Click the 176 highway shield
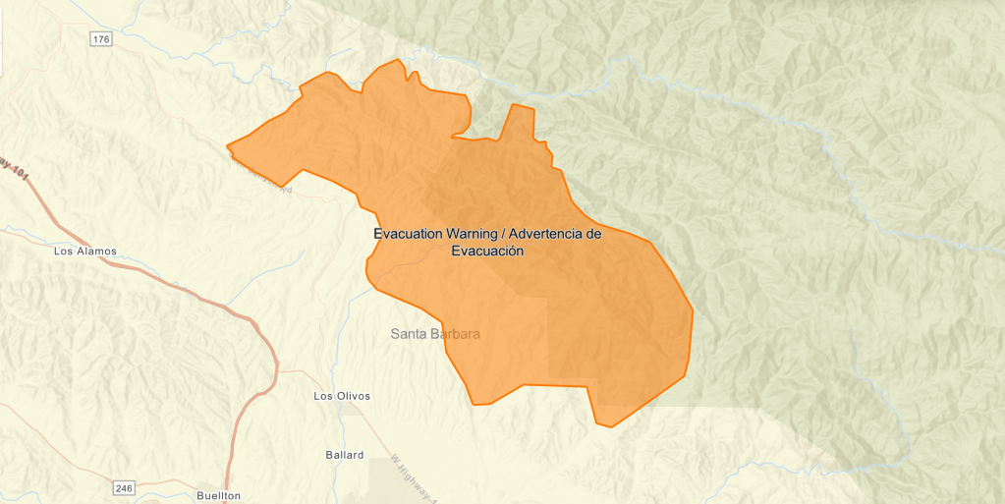pos(101,38)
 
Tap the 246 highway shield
pos(123,487)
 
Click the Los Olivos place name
pos(341,396)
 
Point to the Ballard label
pos(344,455)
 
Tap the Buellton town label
pos(218,496)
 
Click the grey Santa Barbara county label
pos(435,334)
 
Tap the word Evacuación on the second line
pos(486,251)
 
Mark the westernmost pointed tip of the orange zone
pos(228,147)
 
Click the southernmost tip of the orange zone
pos(610,426)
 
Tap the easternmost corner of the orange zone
pos(693,312)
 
